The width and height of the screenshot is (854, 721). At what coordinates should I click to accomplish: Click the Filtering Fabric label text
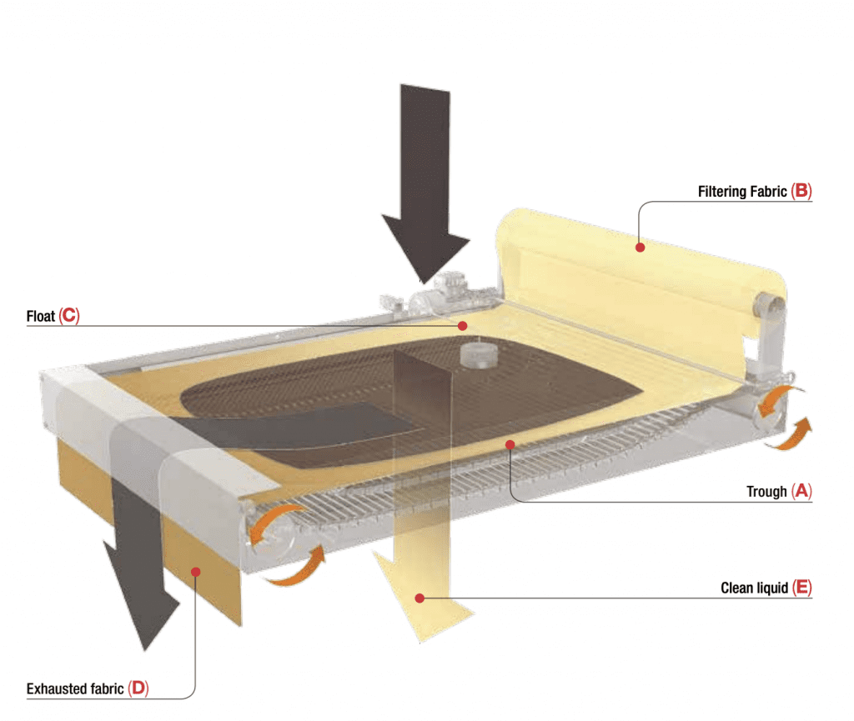pos(741,192)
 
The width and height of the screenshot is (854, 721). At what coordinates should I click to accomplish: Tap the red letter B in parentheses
pos(801,192)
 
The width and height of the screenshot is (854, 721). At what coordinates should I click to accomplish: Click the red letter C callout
pos(69,317)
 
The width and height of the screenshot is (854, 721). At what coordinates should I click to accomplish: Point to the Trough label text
pos(766,492)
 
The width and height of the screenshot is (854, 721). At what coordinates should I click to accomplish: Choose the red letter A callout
pos(801,492)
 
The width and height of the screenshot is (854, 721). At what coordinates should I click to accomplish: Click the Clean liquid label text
pos(754,588)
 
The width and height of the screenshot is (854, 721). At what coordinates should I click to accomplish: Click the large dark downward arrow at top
pos(425,183)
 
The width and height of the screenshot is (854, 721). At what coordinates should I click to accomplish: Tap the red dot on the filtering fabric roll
pos(640,247)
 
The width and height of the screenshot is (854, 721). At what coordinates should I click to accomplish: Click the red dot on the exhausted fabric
pos(195,571)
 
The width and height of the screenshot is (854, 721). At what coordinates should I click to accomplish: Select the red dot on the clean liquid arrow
pos(420,597)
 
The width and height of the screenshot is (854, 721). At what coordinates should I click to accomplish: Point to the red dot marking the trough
pos(509,445)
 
